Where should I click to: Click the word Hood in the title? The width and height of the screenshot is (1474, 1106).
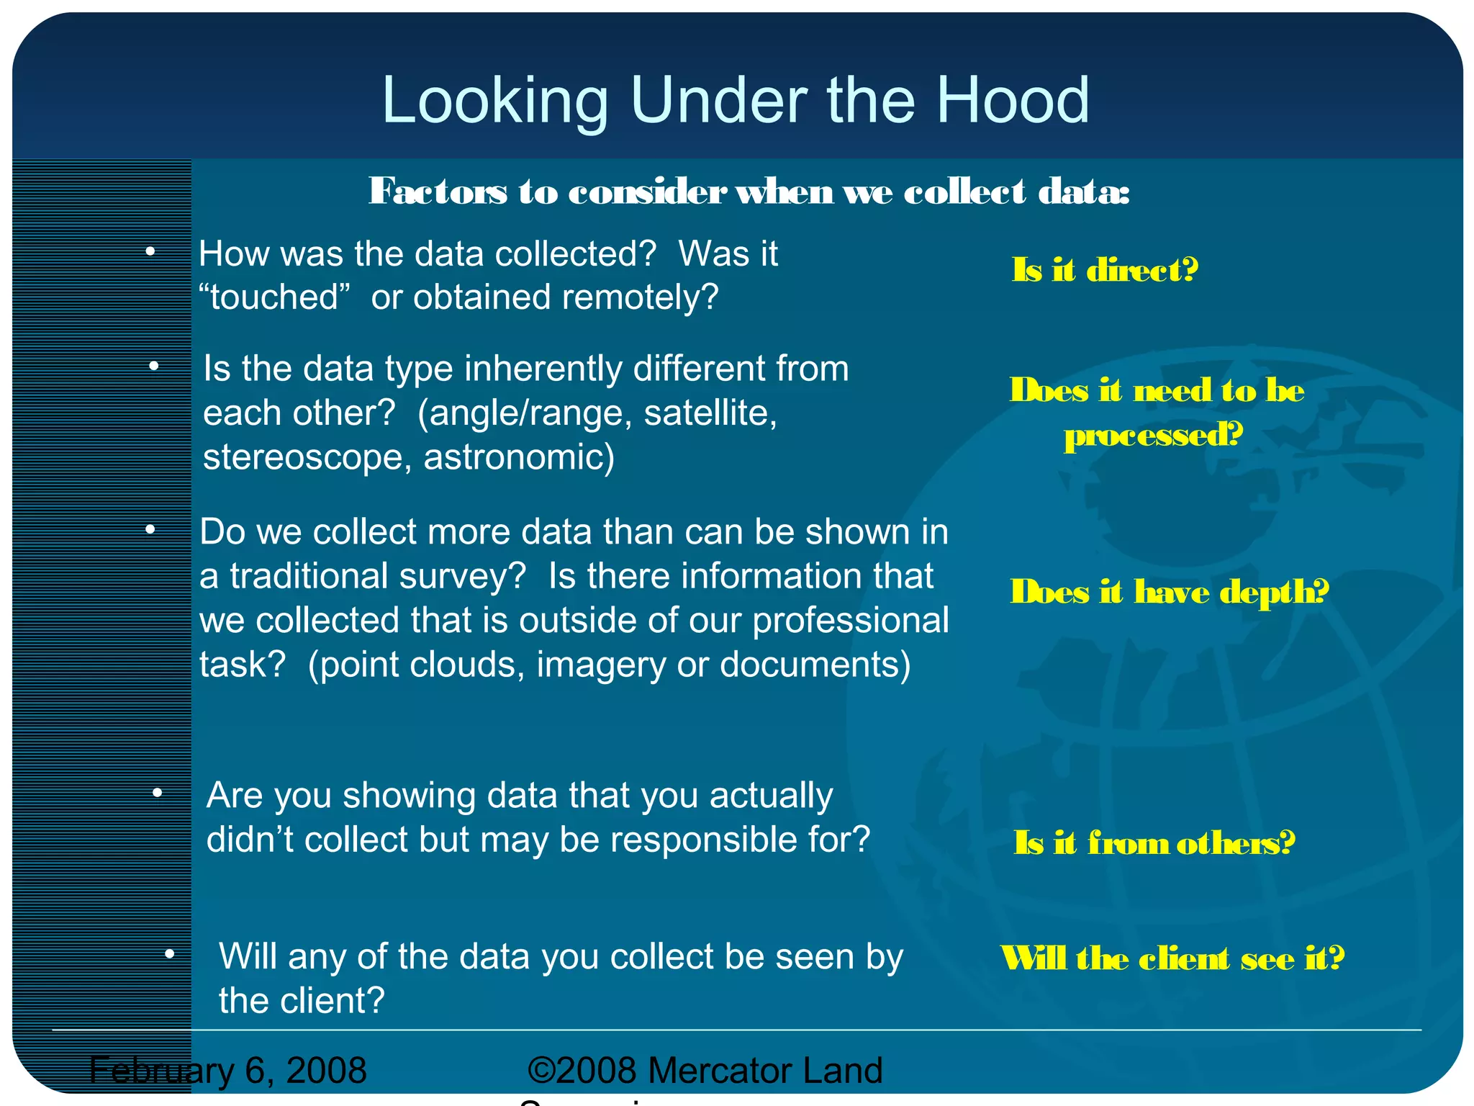(x=1013, y=101)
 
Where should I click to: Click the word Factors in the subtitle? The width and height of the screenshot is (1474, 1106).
(x=438, y=192)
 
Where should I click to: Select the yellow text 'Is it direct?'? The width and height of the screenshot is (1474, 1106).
(x=1105, y=270)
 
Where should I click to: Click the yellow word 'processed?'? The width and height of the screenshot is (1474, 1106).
(x=1154, y=435)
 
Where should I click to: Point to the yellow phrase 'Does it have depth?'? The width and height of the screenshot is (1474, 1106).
(x=1169, y=592)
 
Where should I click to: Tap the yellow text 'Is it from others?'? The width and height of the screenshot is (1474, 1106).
(x=1154, y=842)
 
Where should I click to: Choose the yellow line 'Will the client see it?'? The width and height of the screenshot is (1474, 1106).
(x=1172, y=958)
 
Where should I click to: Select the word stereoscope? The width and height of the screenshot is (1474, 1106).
(x=302, y=458)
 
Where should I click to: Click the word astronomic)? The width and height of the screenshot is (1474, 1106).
(x=519, y=458)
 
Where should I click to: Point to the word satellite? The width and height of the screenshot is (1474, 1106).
(x=710, y=413)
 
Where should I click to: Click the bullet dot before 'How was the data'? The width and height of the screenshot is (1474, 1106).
(x=150, y=251)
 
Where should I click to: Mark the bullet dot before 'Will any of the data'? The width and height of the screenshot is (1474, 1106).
(x=170, y=955)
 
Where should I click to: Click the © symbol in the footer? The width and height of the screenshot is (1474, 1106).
(x=541, y=1070)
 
